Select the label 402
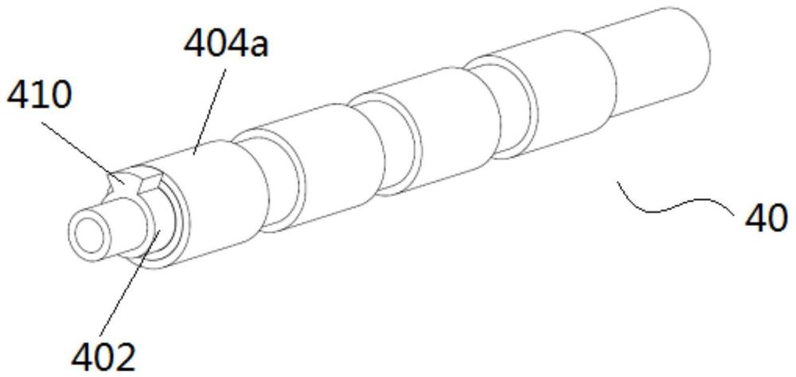(104, 358)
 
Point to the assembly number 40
(766, 218)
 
